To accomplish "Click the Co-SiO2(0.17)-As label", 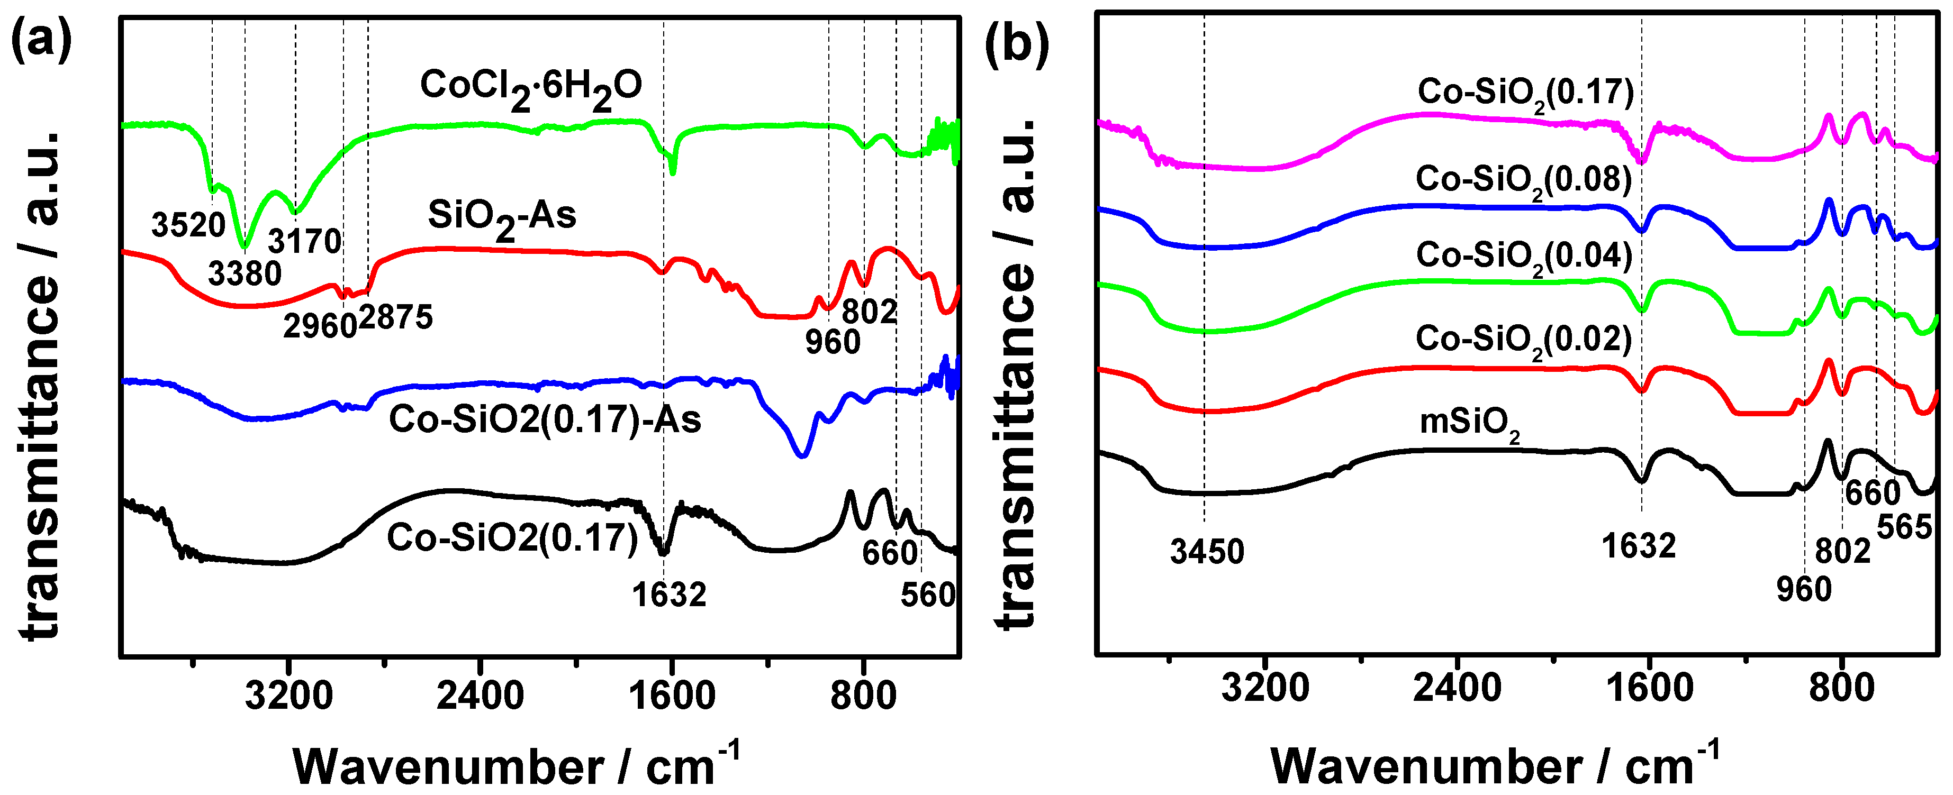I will click(x=545, y=419).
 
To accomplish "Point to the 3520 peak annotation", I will click(x=188, y=225).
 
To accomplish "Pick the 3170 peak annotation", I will click(x=305, y=242).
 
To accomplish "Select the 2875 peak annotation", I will click(x=396, y=317).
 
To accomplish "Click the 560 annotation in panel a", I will click(x=928, y=595).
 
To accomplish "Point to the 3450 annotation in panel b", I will click(x=1207, y=552).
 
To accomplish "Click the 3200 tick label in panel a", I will click(x=289, y=696).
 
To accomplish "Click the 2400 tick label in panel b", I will click(x=1457, y=688).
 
